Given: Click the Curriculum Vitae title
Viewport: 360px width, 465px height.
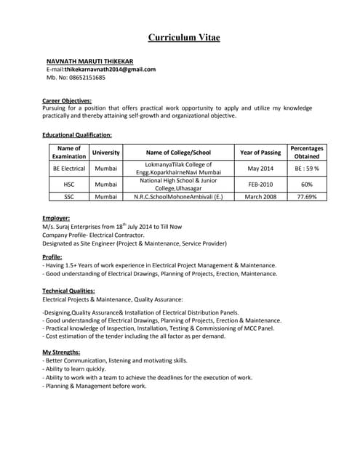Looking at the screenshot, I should point(183,37).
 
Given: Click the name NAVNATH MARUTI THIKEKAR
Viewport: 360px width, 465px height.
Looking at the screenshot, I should point(89,60).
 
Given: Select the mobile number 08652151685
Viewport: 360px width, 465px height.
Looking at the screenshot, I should point(86,77).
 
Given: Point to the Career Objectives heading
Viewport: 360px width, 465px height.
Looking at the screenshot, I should point(67,100).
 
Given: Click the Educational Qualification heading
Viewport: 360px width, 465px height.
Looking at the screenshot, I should point(77,135).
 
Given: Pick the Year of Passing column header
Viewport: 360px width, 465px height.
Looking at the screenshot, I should point(260,153).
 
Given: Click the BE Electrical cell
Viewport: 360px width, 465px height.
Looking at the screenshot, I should point(69,169).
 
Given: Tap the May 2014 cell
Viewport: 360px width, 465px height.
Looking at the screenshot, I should point(260,169).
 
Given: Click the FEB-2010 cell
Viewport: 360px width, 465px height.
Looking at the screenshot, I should point(260,185).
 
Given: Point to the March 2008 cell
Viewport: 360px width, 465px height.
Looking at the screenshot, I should point(260,197).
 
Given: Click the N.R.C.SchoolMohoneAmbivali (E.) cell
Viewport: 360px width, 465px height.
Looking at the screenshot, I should point(178,197).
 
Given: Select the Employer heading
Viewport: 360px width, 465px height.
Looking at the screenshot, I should point(56,218).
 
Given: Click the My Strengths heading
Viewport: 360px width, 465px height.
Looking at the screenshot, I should point(61,352).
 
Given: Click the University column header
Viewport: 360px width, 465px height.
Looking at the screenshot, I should point(105,153).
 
